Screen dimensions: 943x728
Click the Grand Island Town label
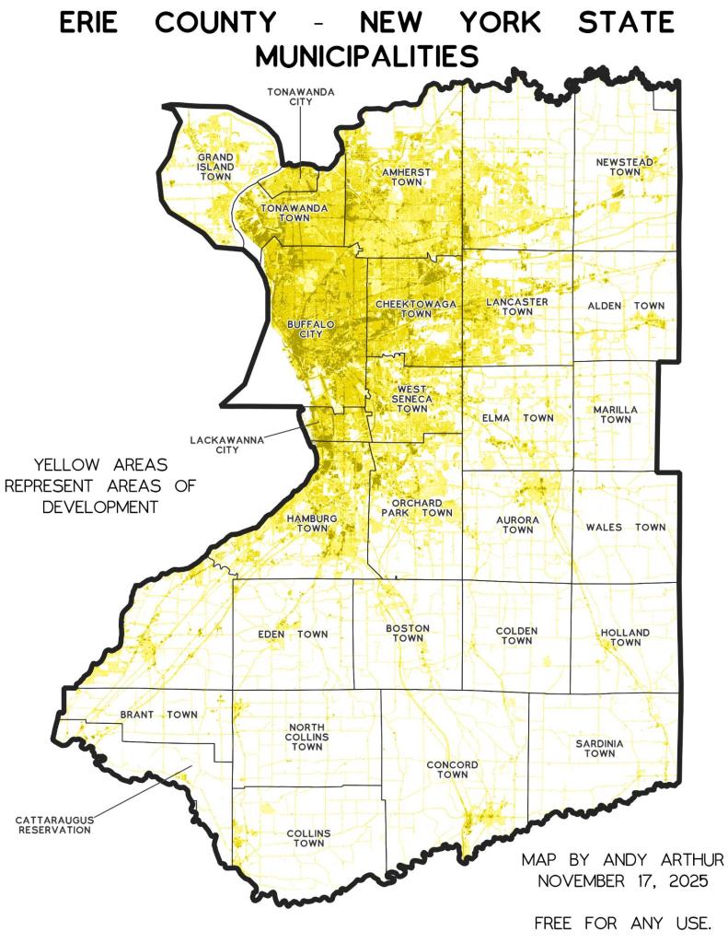[x=215, y=169]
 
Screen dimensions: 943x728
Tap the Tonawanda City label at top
[x=300, y=97]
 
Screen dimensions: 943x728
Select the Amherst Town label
[x=405, y=177]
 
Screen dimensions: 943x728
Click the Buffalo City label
[x=311, y=330]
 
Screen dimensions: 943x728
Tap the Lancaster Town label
[x=517, y=307]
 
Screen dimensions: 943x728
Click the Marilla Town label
[x=617, y=413]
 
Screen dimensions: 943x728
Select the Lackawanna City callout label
[x=226, y=445]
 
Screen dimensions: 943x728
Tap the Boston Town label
[x=408, y=633]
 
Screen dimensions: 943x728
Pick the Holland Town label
[x=626, y=637]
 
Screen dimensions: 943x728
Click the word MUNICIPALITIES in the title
[x=366, y=57]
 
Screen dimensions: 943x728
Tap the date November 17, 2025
[x=623, y=880]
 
